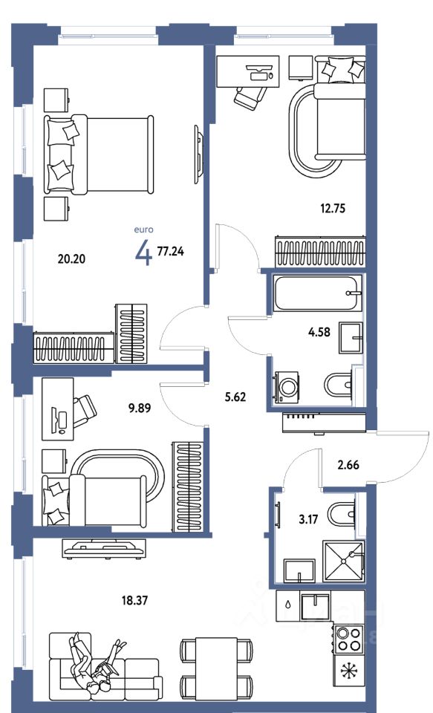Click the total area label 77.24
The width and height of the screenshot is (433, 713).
click(x=171, y=251)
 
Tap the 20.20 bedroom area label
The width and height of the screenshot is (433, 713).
click(x=71, y=258)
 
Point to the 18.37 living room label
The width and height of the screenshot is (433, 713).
click(x=134, y=601)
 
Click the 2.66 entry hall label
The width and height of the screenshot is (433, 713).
click(x=348, y=465)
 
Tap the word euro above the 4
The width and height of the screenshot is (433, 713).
click(x=143, y=229)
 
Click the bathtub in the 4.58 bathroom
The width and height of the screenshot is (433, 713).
click(x=318, y=293)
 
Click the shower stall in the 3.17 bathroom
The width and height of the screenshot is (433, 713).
click(x=343, y=561)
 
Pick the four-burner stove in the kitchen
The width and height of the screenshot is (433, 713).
click(x=349, y=639)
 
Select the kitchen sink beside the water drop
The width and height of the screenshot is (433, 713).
click(x=315, y=607)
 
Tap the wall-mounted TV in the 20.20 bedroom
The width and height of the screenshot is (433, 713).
click(x=198, y=154)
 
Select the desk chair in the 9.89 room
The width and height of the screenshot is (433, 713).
click(x=84, y=411)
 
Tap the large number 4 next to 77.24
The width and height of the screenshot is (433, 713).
click(x=143, y=253)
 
